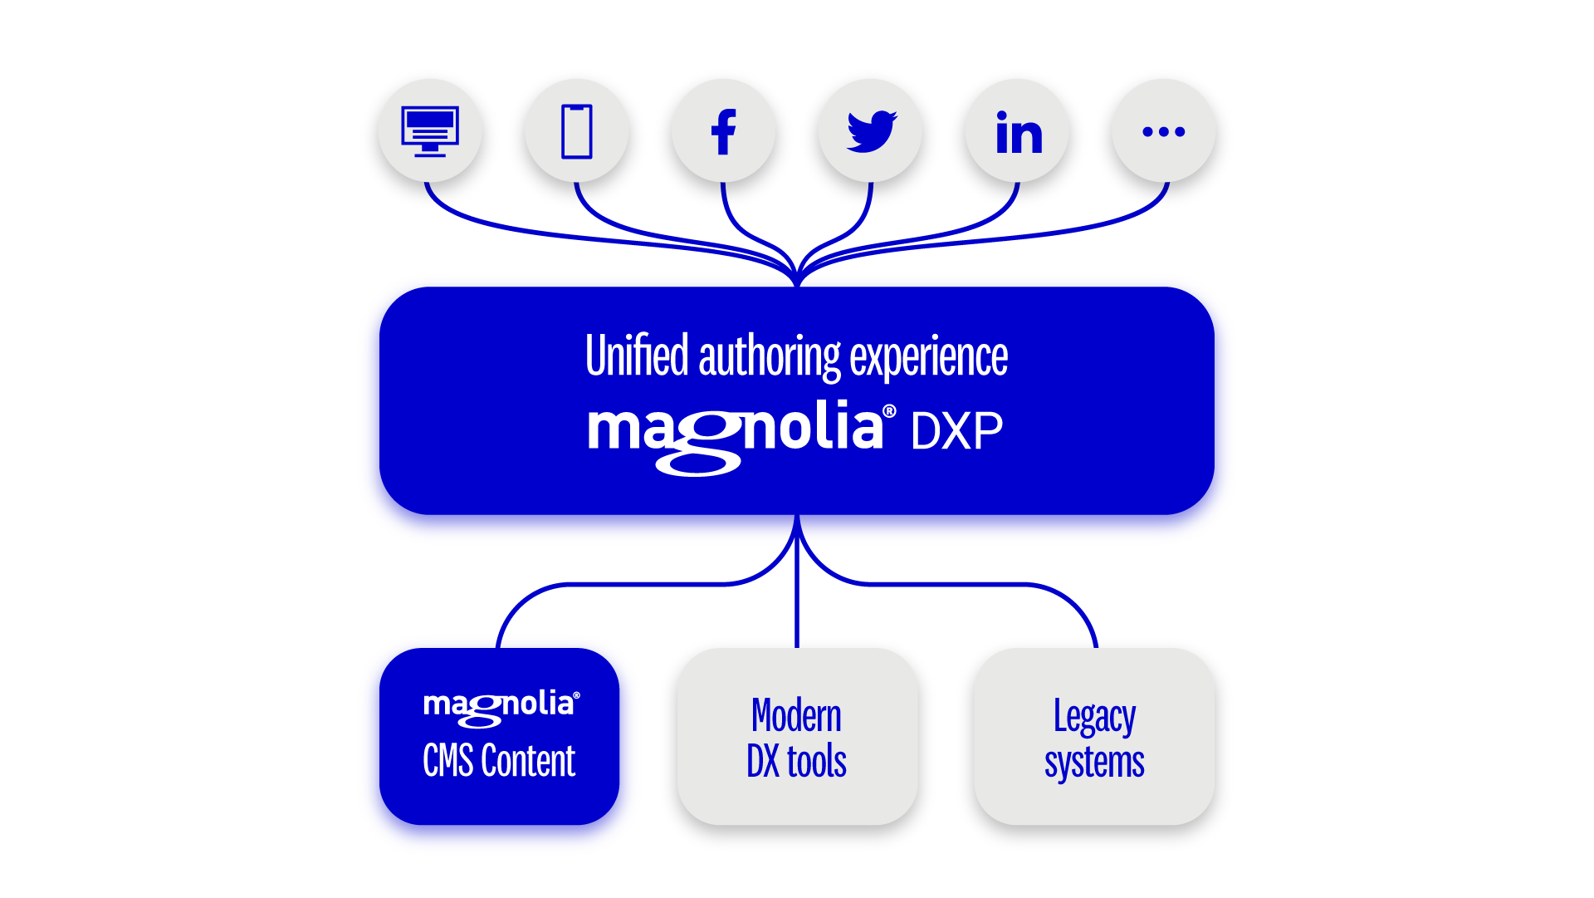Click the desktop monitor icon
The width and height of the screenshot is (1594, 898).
pyautogui.click(x=430, y=131)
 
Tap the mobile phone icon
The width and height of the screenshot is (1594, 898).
pyautogui.click(x=577, y=131)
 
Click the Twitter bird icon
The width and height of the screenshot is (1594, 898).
pyautogui.click(x=871, y=131)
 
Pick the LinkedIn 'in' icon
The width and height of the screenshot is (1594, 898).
pyautogui.click(x=1019, y=134)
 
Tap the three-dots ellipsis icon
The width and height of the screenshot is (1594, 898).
pyautogui.click(x=1164, y=131)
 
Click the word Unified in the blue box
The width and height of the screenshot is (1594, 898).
pyautogui.click(x=637, y=356)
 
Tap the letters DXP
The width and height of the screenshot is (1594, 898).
pyautogui.click(x=956, y=431)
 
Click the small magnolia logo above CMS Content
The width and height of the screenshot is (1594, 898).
pyautogui.click(x=499, y=706)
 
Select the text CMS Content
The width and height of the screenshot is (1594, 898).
pyautogui.click(x=499, y=761)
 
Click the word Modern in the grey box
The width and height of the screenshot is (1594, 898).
pyautogui.click(x=796, y=716)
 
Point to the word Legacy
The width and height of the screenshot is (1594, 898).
pyautogui.click(x=1094, y=717)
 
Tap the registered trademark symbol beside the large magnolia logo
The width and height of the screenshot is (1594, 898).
pyautogui.click(x=889, y=411)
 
